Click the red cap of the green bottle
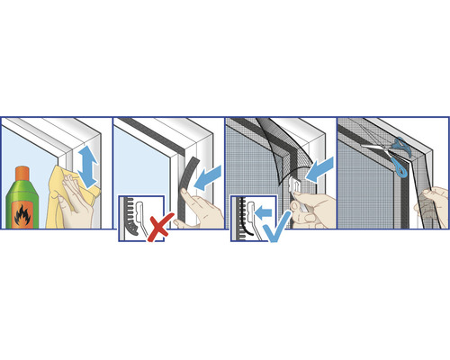(24, 173)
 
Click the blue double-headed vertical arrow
(88, 167)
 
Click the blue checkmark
(274, 221)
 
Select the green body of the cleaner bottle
(24, 211)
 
